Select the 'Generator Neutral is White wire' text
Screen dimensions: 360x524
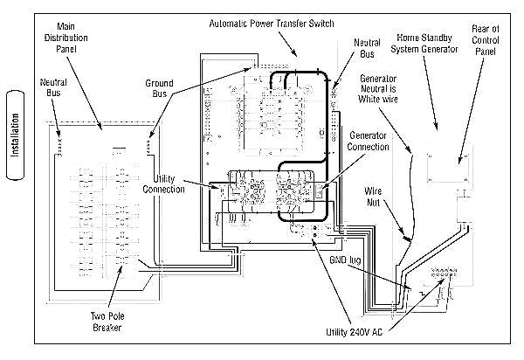pyautogui.click(x=378, y=88)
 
